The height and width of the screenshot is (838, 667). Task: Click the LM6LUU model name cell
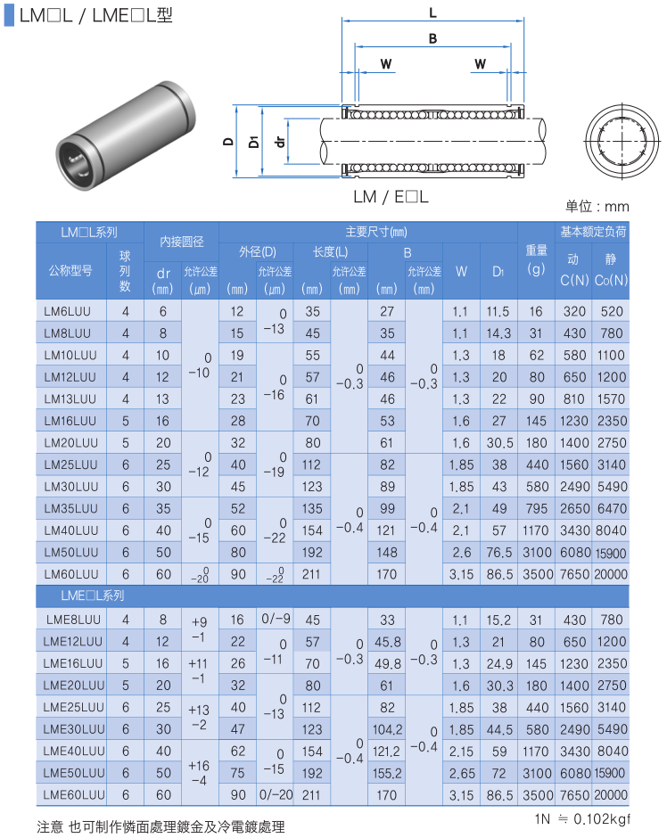[68, 311]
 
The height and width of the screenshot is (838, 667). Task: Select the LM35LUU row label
[71, 508]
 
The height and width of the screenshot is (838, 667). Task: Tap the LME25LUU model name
[74, 707]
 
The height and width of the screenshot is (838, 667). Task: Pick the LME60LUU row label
[74, 794]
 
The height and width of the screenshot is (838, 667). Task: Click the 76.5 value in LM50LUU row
[498, 552]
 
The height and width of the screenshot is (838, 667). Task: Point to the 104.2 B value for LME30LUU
[387, 729]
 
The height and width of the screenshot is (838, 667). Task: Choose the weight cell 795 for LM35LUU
[536, 508]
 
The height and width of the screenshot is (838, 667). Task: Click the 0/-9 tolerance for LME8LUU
[276, 619]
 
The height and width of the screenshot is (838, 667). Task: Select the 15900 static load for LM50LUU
[610, 553]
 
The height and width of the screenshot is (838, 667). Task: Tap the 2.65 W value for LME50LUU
[461, 773]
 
